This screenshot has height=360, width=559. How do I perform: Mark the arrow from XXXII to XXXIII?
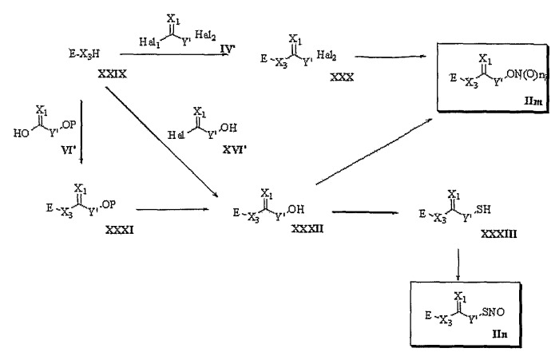pos(365,212)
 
